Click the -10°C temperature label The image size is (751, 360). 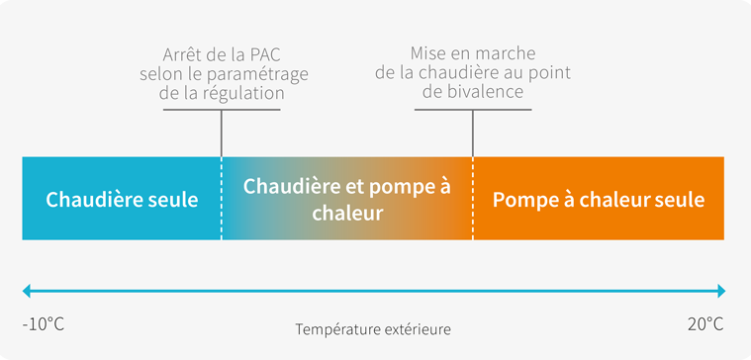(43, 324)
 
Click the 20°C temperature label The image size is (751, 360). (704, 324)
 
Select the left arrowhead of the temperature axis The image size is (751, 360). (28, 291)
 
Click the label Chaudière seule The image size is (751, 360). (122, 199)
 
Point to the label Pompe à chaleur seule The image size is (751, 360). (599, 199)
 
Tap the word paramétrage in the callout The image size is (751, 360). (261, 74)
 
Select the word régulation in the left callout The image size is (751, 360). (246, 93)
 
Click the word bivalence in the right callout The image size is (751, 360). (483, 92)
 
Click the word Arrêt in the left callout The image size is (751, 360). (183, 55)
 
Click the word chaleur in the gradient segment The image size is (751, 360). (346, 213)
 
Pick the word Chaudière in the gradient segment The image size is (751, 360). (285, 186)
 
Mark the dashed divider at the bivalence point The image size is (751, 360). (473, 198)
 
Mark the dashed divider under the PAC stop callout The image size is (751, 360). (222, 198)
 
